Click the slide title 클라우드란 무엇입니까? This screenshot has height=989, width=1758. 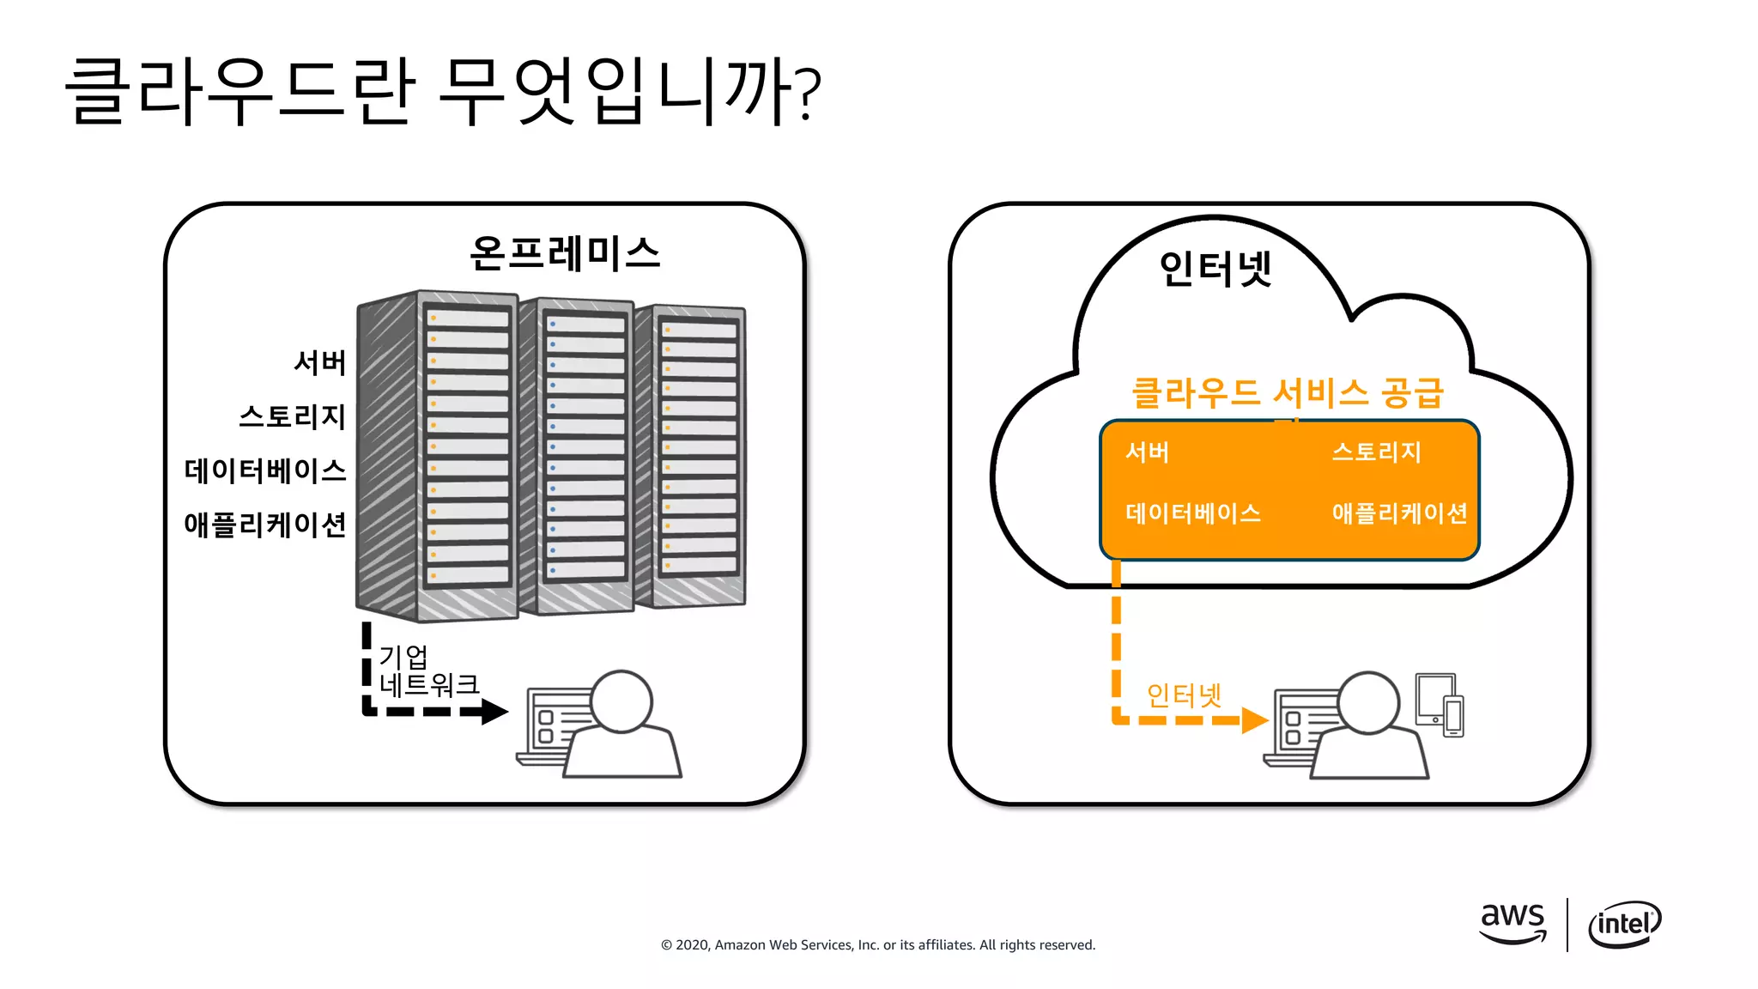pos(443,91)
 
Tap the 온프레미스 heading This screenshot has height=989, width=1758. pos(565,253)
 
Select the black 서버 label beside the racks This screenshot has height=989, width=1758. pos(319,362)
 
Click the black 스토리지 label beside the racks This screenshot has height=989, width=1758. pos(292,416)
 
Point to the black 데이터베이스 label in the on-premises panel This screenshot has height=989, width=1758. pos(264,470)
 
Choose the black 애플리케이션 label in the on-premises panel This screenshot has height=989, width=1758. pos(264,524)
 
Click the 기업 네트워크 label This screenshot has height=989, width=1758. pos(427,671)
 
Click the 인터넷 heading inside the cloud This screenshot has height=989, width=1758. pos(1215,268)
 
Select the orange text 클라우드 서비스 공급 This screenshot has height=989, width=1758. pos(1287,393)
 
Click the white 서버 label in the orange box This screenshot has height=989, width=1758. pos(1147,452)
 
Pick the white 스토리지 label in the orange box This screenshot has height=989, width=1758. pos(1376,452)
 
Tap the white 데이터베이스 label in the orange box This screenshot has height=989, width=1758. pos(1192,513)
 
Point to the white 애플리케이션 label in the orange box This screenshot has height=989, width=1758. pos(1399,513)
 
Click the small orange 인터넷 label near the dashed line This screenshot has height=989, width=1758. pos(1184,695)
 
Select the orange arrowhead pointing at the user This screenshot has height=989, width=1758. pos(1254,719)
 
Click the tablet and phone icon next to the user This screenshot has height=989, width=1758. pos(1440,705)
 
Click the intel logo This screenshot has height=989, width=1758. pos(1624,924)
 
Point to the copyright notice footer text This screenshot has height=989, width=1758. pos(877,944)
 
